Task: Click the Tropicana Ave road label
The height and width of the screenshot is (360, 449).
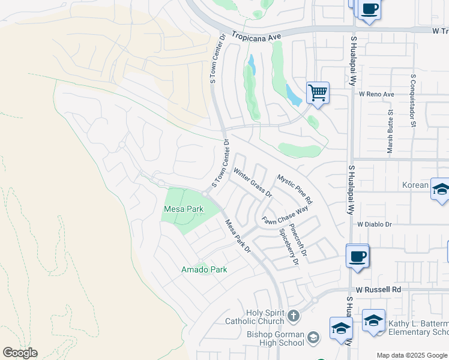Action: [257, 37]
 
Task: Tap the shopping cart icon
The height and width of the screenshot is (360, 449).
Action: [318, 93]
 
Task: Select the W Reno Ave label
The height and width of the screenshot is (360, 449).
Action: [376, 94]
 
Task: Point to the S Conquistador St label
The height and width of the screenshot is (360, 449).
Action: [414, 101]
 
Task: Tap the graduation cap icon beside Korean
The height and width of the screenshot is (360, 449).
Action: [441, 189]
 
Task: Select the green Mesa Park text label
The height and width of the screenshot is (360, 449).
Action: [183, 209]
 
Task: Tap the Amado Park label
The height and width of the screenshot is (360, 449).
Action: [204, 269]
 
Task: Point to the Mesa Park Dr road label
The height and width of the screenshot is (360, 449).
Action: [238, 236]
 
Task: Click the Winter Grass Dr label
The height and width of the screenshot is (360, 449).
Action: [253, 184]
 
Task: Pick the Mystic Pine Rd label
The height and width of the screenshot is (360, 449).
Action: [295, 188]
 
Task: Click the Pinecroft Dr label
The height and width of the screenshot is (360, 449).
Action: [298, 241]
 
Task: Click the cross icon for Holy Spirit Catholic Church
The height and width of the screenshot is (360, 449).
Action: [293, 316]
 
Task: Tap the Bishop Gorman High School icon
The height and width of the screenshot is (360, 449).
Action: [313, 338]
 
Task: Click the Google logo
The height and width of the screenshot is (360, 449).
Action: [20, 353]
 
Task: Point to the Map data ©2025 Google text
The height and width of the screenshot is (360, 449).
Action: [411, 355]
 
